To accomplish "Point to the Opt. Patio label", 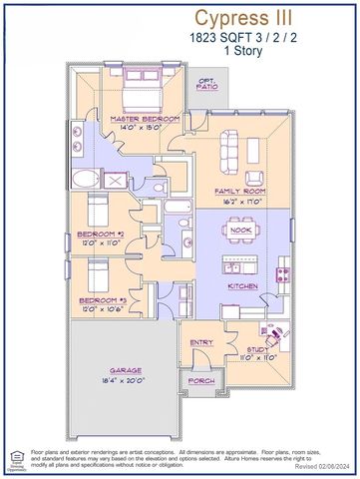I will click(207, 84).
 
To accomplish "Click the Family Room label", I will click(239, 189).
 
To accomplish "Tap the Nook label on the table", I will click(239, 230).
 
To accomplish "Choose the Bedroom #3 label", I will click(99, 298).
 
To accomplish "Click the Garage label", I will click(126, 368).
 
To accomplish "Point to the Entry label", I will click(201, 342).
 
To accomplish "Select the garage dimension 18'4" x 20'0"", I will click(126, 380).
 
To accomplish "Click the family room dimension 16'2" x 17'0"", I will click(239, 200).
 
